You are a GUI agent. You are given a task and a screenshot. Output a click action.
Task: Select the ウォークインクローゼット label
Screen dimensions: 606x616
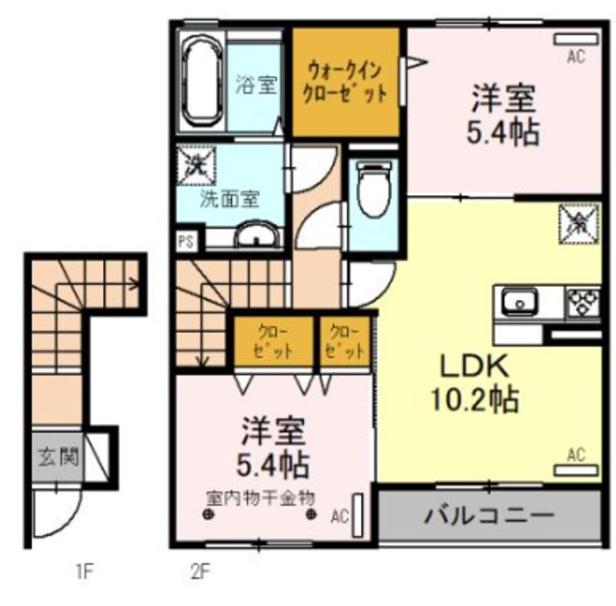tap(346, 83)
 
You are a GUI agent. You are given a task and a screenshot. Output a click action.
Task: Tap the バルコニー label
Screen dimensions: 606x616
tap(490, 516)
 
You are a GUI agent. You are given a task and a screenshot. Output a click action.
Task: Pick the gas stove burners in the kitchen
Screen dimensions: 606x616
tap(581, 302)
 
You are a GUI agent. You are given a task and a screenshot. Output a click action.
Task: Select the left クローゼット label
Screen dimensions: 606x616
tap(272, 341)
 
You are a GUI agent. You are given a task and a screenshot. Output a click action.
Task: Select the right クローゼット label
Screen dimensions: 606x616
tap(346, 341)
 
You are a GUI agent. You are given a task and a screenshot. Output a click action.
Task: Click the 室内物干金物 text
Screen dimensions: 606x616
tap(261, 499)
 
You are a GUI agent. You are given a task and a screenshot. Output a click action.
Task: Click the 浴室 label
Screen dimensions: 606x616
tap(255, 84)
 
